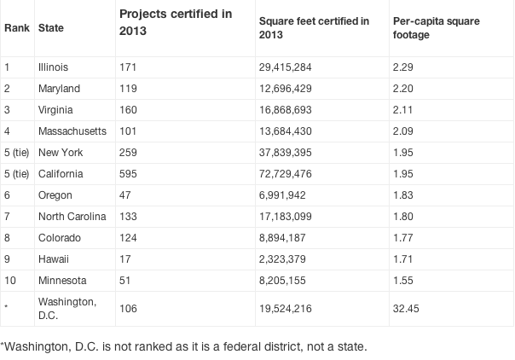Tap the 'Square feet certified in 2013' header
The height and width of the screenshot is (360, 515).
pyautogui.click(x=313, y=27)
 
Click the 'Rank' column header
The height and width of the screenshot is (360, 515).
pyautogui.click(x=16, y=28)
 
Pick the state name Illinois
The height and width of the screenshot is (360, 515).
pyautogui.click(x=54, y=67)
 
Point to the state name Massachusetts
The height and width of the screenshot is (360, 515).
pyautogui.click(x=71, y=131)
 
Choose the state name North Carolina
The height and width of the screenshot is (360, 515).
pyautogui.click(x=72, y=217)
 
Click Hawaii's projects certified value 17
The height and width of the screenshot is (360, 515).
pyautogui.click(x=125, y=259)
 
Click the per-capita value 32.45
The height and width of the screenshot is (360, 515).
pyautogui.click(x=407, y=314)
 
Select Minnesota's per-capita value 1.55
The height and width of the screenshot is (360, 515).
pyautogui.click(x=404, y=282)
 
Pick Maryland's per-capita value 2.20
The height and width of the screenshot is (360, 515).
pyautogui.click(x=404, y=88)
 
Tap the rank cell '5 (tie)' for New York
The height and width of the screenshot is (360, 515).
pyautogui.click(x=17, y=152)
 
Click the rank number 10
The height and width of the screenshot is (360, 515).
pyautogui.click(x=9, y=282)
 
